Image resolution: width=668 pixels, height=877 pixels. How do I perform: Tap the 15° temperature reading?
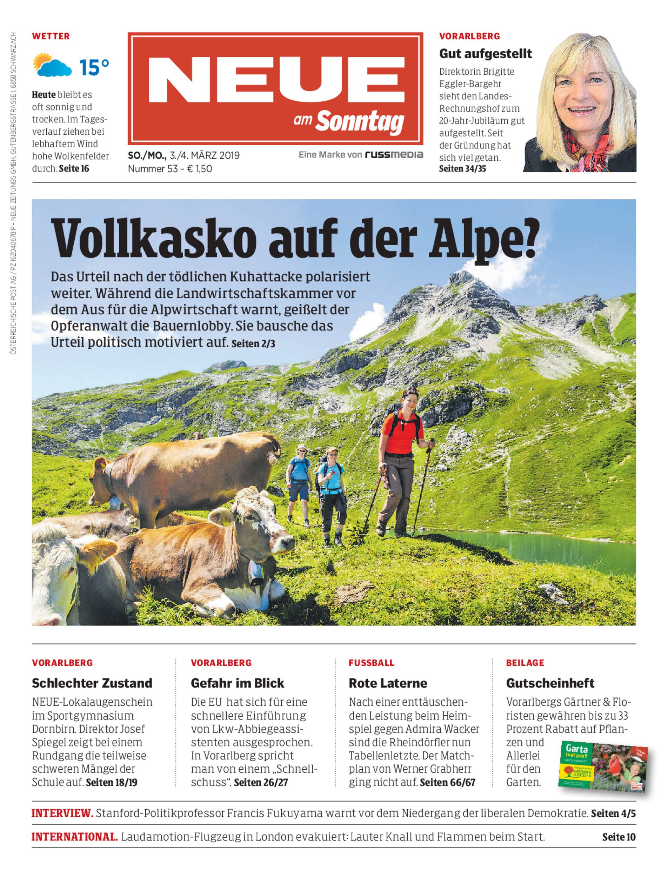94,67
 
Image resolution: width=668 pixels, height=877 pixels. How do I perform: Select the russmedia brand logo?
394,155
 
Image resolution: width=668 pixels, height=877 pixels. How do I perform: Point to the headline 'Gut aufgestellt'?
485,54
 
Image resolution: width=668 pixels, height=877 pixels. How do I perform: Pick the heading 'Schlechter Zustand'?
92,683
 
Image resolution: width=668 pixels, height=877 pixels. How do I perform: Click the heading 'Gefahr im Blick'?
238,683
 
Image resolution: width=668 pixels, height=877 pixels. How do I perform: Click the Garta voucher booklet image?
602,765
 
